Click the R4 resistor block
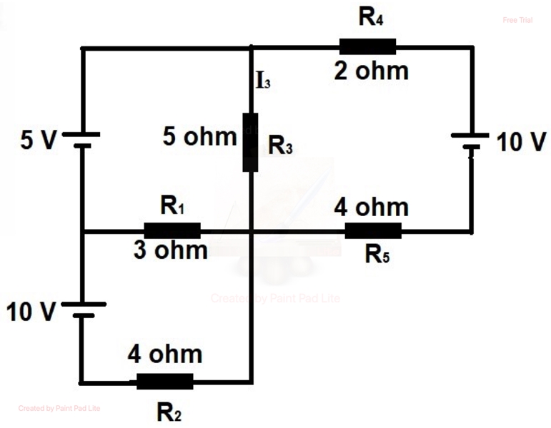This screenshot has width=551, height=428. coord(367,47)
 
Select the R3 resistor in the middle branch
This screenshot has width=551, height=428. coord(250,142)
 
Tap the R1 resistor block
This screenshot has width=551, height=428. coord(172,230)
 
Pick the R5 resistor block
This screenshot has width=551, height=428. coord(373,230)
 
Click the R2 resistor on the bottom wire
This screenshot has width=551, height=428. coord(164,382)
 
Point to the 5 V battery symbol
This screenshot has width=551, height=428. coord(82,139)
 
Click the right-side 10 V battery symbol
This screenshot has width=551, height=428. coord(470,141)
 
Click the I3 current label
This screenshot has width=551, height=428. coord(263,81)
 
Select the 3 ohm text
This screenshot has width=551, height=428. coord(171,251)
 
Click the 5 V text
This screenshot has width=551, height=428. coord(37,140)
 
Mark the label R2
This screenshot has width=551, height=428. coord(168,412)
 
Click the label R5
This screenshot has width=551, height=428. coord(377,254)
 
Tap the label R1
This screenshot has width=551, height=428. coord(173,207)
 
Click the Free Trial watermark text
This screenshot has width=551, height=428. coord(517,21)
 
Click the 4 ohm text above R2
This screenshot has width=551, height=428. coord(165,354)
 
